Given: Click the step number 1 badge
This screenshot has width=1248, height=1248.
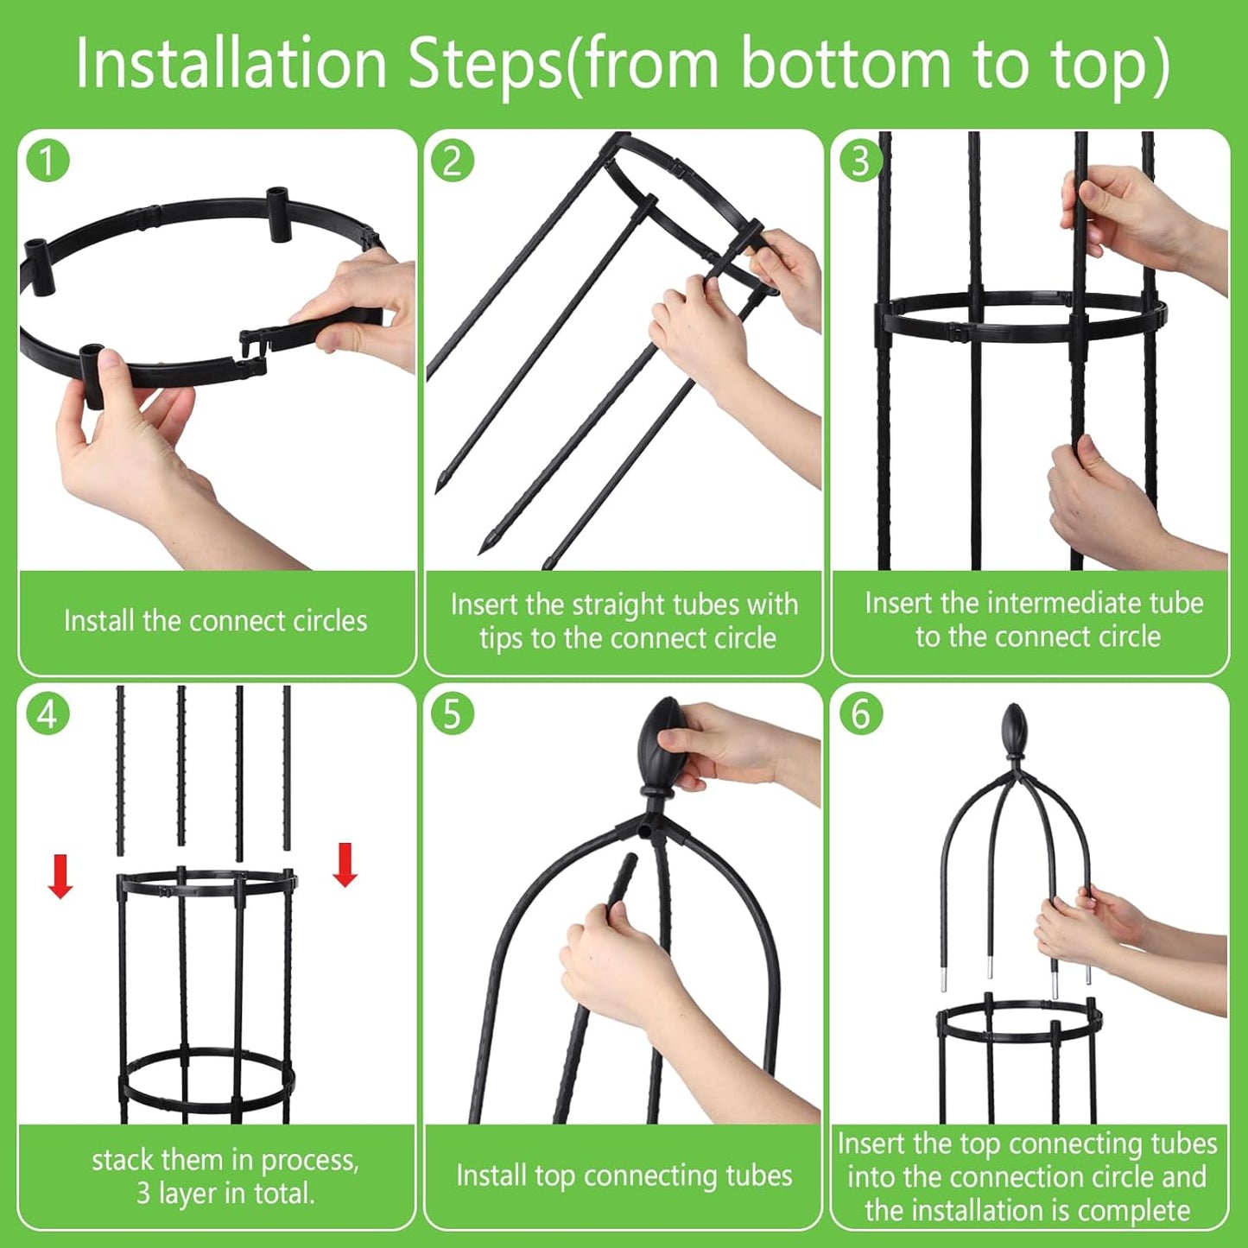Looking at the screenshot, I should pos(48,162).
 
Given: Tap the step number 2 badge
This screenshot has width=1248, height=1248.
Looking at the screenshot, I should pos(453,162).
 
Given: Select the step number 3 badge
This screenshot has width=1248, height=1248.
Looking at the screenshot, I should pos(860,162).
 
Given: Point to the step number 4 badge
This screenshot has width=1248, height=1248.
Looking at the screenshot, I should pos(48,715).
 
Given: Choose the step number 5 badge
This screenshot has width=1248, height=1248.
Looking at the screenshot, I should pos(453,715).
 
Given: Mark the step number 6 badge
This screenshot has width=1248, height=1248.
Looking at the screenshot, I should pos(860,715).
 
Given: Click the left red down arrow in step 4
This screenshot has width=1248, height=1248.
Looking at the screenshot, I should pos(60,876).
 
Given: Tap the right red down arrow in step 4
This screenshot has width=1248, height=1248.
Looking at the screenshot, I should pos(345,865).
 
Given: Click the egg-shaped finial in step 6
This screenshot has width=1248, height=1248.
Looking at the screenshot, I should pos(1014,730).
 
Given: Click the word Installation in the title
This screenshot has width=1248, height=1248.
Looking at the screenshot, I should pos(231,64).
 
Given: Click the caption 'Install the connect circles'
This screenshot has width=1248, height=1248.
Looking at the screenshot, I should pos(216,621).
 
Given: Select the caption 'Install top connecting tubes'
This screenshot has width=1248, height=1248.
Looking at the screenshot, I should pos(624,1175).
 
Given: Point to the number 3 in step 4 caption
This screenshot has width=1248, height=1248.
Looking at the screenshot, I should pos(143,1194).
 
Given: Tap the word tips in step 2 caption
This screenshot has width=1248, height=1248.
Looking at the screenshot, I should pos(501,638).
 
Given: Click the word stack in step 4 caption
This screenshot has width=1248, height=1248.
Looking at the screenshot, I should pos(123,1160).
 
